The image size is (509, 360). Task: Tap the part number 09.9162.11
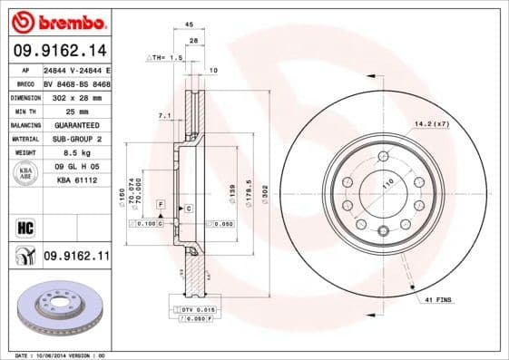[x=76, y=258]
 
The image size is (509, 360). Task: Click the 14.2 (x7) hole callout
[x=430, y=122]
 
